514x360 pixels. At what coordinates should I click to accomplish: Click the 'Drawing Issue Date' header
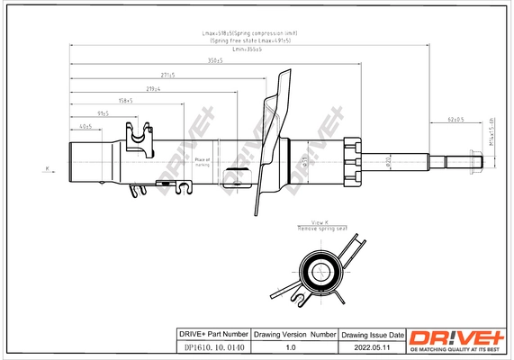click(373, 334)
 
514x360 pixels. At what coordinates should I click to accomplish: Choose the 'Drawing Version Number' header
click(294, 334)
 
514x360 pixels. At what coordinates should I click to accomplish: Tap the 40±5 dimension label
click(86, 127)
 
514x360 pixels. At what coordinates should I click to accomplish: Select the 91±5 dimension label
click(103, 114)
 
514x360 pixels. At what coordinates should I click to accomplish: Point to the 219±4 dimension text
click(153, 89)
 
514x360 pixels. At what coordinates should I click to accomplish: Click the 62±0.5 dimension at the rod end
click(456, 120)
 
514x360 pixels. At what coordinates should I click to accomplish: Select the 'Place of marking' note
click(202, 161)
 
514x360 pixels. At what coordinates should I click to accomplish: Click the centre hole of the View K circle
click(321, 268)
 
